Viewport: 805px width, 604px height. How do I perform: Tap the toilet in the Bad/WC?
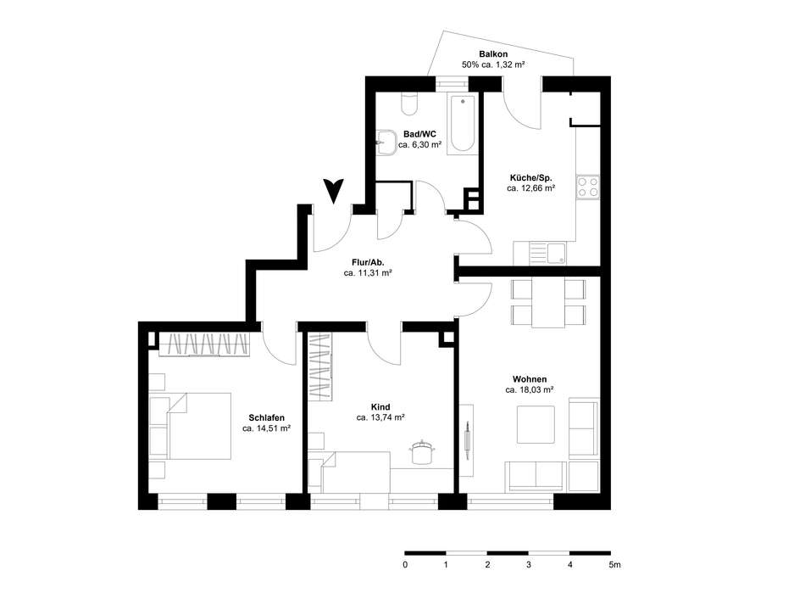410,103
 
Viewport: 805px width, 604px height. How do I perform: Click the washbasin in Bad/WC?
389,143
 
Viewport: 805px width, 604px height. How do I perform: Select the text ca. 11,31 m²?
367,273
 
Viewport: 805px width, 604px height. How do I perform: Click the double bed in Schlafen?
200,425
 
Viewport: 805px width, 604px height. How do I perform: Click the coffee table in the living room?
536,424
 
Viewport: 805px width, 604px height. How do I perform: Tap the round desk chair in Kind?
420,454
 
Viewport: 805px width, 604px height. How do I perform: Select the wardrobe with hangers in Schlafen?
203,344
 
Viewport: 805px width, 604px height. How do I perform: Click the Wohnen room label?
529,379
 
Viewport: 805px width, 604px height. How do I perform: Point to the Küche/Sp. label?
530,177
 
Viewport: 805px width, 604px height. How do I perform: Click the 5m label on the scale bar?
614,564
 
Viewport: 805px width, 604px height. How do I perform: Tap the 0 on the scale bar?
405,564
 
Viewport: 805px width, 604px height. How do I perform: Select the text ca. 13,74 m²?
380,417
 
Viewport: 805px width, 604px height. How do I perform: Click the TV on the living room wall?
468,438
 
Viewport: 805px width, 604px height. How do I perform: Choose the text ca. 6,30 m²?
419,145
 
